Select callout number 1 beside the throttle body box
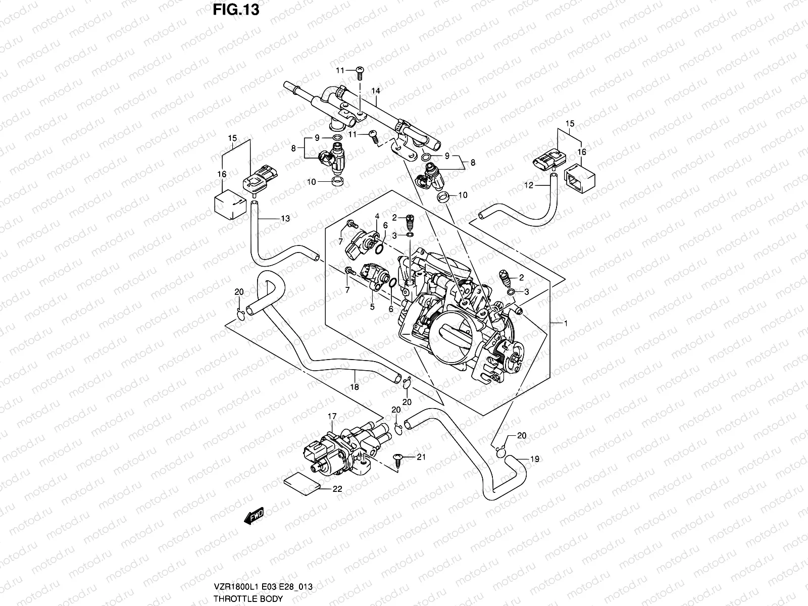(566, 323)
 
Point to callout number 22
(337, 489)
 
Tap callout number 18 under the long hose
(355, 387)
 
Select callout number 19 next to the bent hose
(535, 459)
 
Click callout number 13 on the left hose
(285, 218)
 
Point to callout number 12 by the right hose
(528, 186)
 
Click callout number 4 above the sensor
(376, 217)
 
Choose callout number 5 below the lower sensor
(372, 307)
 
